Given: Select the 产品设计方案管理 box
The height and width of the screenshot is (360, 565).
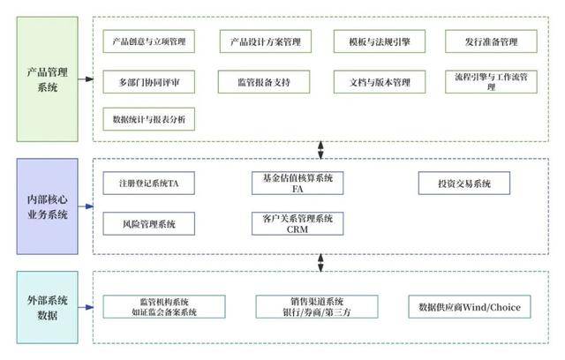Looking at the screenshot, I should pos(265,41).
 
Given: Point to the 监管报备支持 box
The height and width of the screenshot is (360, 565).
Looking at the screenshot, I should pos(265,81).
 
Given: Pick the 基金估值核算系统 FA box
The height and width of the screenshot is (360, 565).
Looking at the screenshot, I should pos(298,184).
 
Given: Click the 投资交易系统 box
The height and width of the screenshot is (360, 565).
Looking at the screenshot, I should pos(463,184).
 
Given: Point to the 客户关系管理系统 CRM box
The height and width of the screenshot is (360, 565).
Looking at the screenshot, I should pos(298,223).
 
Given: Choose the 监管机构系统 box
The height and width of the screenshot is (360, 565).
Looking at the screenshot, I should pos(162,307).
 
